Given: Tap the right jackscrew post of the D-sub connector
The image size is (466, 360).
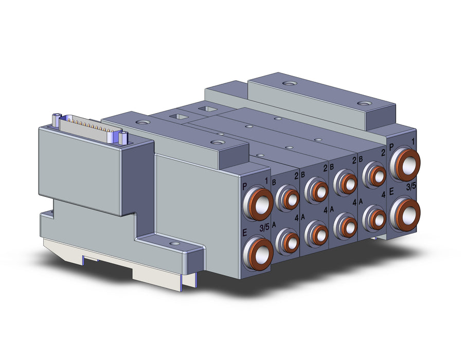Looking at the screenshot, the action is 123,138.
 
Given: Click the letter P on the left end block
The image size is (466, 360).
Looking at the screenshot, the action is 245,187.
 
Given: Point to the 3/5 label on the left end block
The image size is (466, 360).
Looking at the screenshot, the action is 264,228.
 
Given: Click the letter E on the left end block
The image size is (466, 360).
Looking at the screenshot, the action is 245,233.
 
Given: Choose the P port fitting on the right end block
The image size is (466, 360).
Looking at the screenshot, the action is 405,165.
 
